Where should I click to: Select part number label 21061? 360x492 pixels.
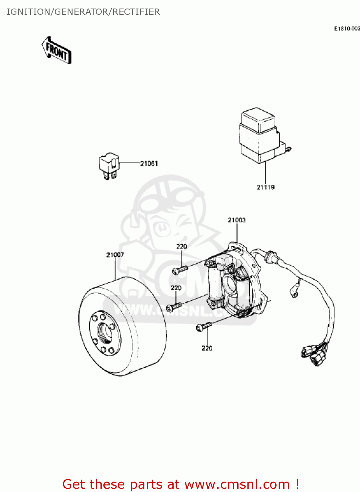149,163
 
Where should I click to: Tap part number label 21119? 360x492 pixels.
265,187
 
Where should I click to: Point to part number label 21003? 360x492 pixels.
237,220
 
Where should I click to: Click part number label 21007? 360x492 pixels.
115,255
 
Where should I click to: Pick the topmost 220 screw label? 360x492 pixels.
181,246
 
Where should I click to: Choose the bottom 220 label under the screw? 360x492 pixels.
207,348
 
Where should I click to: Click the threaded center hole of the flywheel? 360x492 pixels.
105,333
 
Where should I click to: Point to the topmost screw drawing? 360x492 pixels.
180,270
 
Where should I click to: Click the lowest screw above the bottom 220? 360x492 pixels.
204,326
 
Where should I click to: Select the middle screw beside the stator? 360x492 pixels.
174,307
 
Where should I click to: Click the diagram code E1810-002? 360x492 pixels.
347,29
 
